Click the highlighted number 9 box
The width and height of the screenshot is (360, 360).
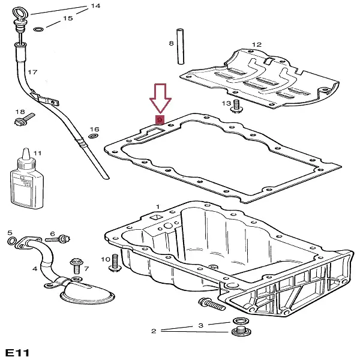pos(160,119)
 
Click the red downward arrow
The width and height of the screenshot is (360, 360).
pos(160,98)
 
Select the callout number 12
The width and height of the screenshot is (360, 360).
pos(257,44)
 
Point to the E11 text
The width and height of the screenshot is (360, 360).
pos(16,351)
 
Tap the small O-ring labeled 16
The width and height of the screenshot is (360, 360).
pos(92,137)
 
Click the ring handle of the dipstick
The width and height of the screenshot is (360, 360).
pos(17,11)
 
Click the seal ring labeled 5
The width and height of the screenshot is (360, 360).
pos(11,242)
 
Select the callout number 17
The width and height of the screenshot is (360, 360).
pos(32,73)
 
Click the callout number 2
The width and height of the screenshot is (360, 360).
pos(154,331)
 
